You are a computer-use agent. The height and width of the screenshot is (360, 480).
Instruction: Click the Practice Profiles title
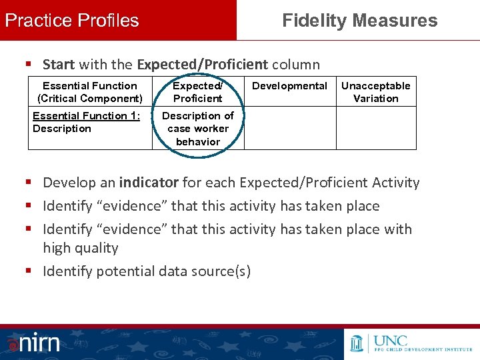click(72, 20)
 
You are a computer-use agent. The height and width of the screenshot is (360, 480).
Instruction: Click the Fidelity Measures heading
click(359, 20)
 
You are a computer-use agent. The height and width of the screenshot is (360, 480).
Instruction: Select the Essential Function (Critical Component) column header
click(90, 92)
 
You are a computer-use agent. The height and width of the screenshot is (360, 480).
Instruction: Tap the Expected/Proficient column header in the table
click(197, 92)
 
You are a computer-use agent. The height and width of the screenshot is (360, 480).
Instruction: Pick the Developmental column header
click(289, 86)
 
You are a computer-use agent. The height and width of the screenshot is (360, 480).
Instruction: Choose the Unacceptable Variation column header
click(376, 92)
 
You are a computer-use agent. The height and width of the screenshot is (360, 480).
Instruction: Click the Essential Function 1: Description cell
click(87, 122)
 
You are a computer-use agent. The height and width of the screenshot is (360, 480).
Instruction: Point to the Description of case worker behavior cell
click(198, 129)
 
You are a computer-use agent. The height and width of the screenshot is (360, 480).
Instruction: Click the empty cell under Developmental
click(289, 128)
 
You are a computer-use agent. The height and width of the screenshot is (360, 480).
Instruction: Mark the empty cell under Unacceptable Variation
click(376, 128)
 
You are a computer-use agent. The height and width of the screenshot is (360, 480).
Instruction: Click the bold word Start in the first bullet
click(59, 65)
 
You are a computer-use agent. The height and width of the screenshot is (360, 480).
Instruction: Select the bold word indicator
click(149, 183)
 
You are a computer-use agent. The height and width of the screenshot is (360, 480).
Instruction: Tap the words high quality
click(81, 248)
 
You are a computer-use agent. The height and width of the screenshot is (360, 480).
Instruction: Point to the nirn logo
click(33, 343)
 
